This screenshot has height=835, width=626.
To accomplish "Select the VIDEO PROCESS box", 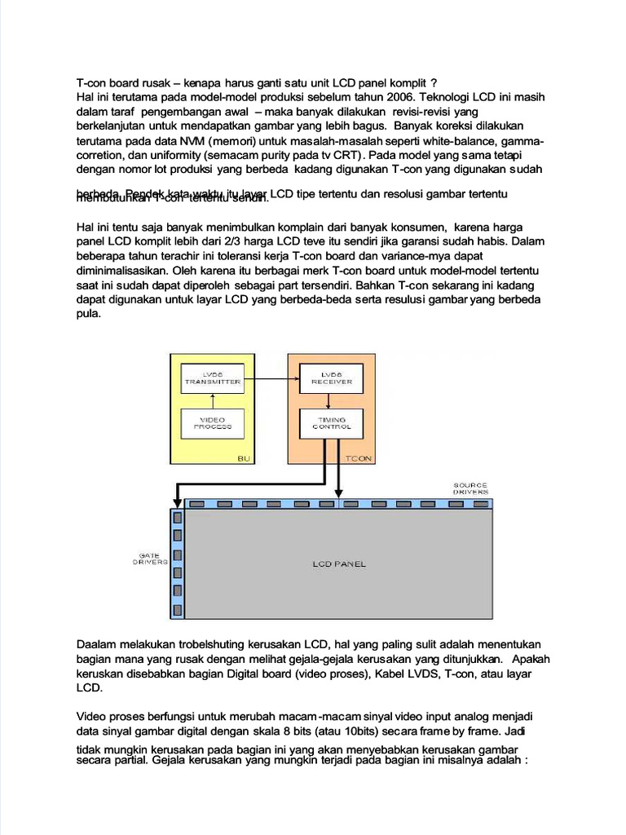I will (x=212, y=422).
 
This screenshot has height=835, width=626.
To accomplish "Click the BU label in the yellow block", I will (x=243, y=458).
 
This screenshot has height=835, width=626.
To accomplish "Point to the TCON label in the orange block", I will (x=359, y=458).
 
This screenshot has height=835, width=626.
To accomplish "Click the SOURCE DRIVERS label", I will (x=470, y=488).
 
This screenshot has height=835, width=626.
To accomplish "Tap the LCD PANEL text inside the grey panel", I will (x=339, y=563).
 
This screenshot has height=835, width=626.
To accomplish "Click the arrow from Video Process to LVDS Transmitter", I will (x=212, y=400).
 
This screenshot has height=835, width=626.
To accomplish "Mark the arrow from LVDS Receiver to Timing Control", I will (x=328, y=400).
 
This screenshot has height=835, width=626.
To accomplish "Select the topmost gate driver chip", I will (x=177, y=515).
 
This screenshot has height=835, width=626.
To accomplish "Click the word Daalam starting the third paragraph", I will (x=96, y=644).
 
